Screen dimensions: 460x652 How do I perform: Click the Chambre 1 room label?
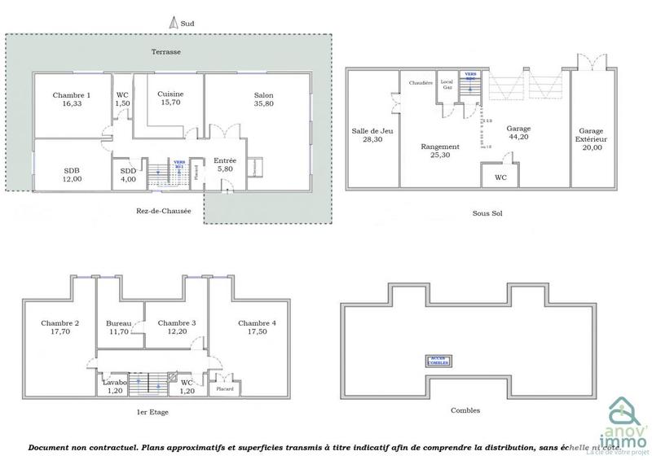pyautogui.click(x=71, y=94)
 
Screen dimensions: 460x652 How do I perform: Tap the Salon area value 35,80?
pyautogui.click(x=263, y=104)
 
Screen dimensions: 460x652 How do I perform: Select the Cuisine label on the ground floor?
pyautogui.click(x=170, y=94)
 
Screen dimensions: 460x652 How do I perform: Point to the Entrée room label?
pyautogui.click(x=224, y=161)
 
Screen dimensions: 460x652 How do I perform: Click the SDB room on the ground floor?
pyautogui.click(x=71, y=170)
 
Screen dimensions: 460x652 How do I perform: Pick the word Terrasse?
pyautogui.click(x=165, y=52)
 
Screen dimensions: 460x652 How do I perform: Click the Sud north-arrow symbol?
pyautogui.click(x=174, y=24)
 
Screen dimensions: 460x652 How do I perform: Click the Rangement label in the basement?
pyautogui.click(x=440, y=147)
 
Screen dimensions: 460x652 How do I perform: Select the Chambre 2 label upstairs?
pyautogui.click(x=60, y=323)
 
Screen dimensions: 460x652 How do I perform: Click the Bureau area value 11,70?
pyautogui.click(x=119, y=332)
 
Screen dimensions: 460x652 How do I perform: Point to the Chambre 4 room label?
pyautogui.click(x=257, y=323)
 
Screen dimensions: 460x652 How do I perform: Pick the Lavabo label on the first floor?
pyautogui.click(x=113, y=381)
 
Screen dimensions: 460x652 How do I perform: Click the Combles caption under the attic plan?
pyautogui.click(x=465, y=410)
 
